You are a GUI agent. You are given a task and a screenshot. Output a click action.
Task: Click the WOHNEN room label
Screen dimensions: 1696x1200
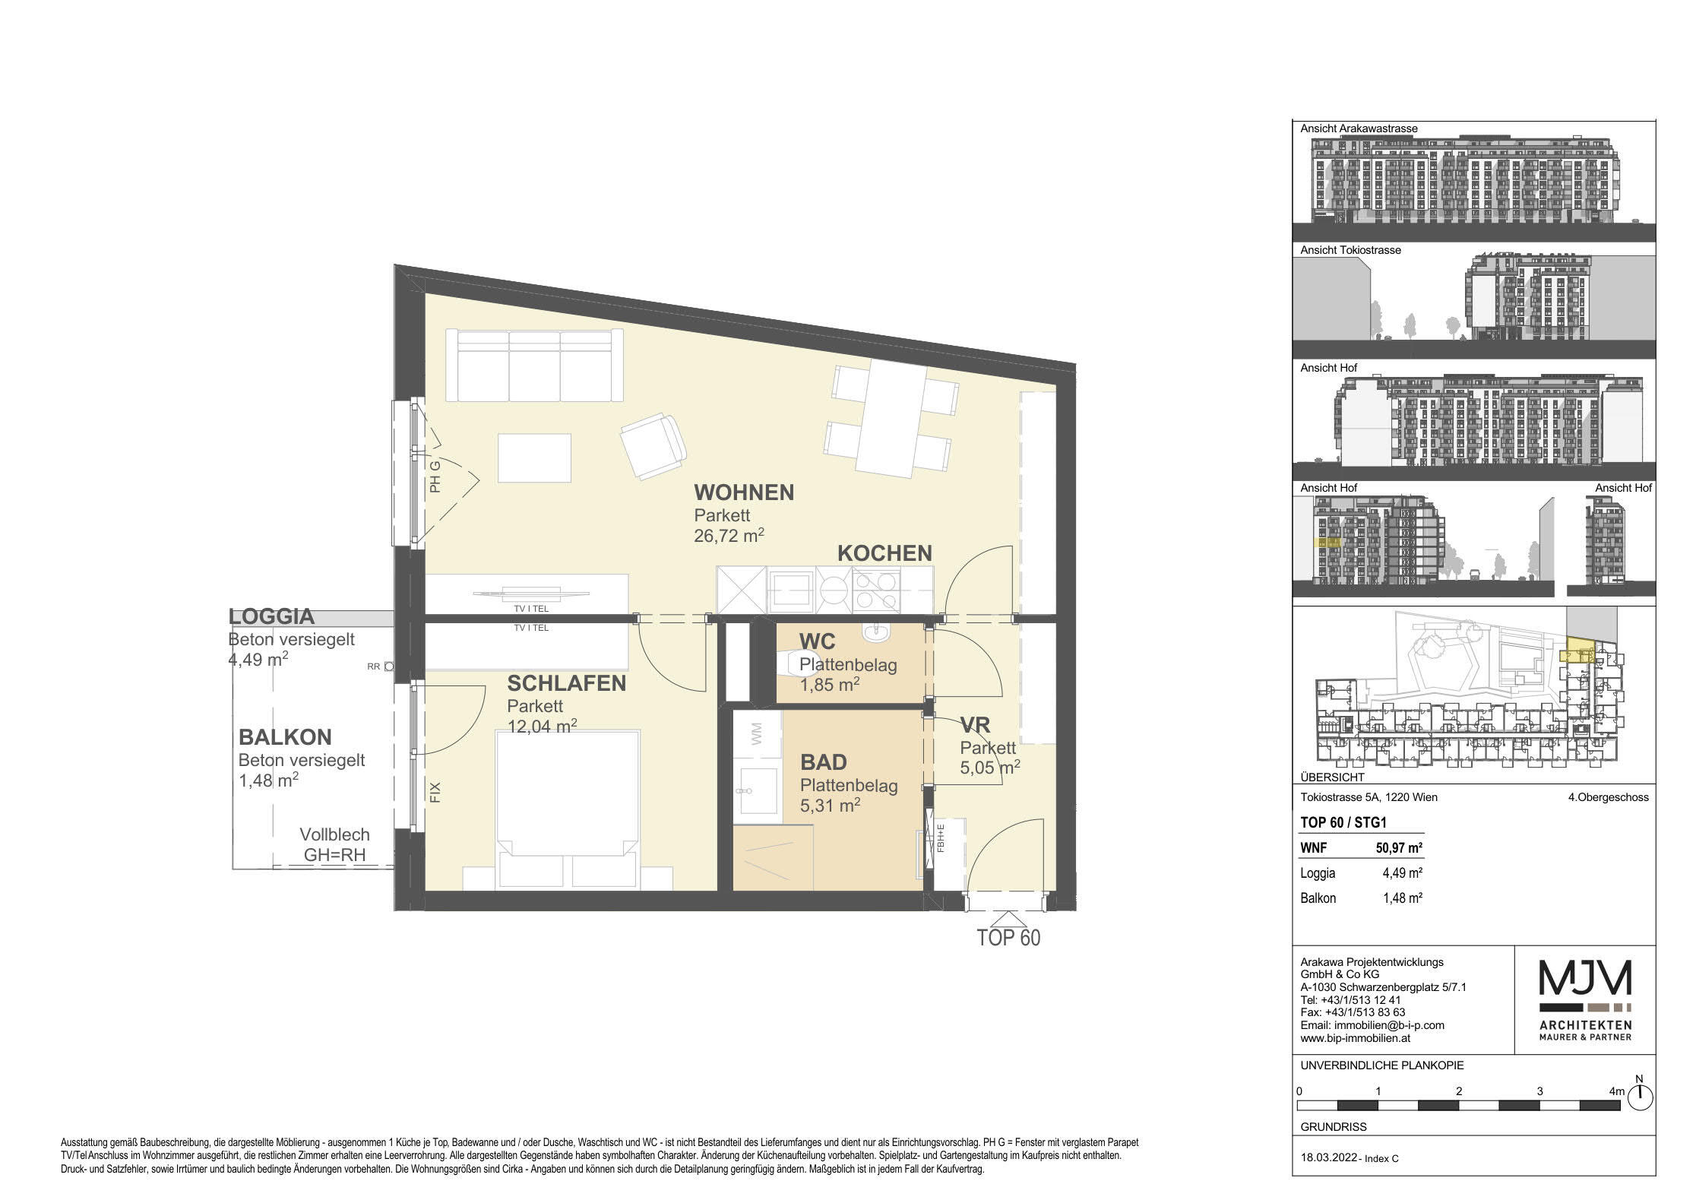pos(743,492)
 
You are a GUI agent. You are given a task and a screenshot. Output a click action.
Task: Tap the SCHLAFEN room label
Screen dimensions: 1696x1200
pos(566,683)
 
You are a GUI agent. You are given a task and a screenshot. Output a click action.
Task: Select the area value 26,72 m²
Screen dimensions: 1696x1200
pos(728,535)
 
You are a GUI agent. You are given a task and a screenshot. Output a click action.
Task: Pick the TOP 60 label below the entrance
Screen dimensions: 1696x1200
pos(1008,937)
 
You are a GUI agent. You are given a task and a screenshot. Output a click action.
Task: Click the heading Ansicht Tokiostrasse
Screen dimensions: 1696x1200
pos(1350,250)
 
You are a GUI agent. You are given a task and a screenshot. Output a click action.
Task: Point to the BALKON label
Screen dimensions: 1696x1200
pos(285,737)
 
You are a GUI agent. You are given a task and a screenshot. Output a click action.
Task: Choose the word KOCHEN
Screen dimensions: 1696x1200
pos(884,553)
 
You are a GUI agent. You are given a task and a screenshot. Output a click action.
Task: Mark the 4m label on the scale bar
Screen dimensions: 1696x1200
pos(1616,1091)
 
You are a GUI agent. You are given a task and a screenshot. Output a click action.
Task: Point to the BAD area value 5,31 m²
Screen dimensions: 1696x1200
pos(830,805)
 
